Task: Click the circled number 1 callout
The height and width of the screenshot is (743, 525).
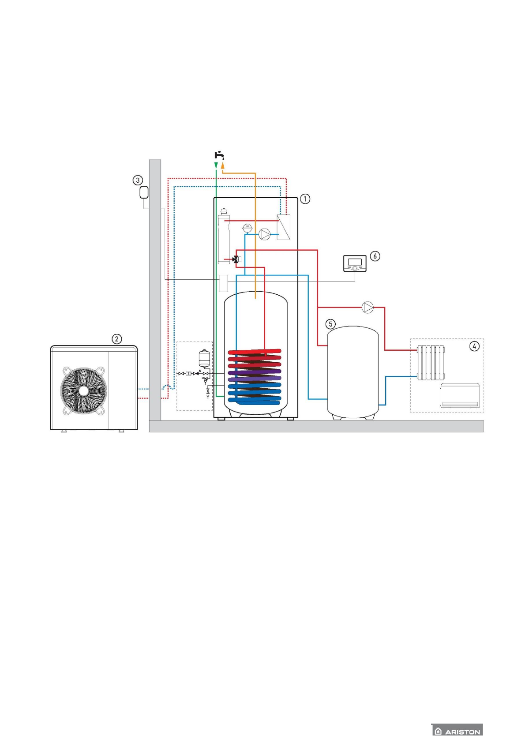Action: click(305, 199)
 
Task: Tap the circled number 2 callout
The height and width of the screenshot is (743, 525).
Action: click(116, 339)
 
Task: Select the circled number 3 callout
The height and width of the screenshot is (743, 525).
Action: click(138, 180)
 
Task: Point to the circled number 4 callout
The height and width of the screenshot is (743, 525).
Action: click(474, 346)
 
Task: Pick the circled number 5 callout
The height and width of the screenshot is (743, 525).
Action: click(330, 324)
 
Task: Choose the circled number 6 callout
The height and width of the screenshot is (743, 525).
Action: click(375, 256)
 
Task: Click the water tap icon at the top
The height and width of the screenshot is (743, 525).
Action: click(219, 155)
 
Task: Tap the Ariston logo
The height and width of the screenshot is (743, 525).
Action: click(457, 731)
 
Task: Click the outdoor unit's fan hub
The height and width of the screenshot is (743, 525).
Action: click(83, 390)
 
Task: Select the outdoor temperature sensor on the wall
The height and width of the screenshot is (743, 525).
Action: click(143, 193)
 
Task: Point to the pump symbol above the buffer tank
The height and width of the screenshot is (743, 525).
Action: click(367, 307)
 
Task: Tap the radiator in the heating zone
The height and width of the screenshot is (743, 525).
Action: click(431, 363)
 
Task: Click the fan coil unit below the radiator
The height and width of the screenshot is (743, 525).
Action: click(460, 395)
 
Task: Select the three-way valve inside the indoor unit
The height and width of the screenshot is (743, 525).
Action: click(236, 259)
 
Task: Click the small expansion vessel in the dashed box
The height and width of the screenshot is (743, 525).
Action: click(204, 358)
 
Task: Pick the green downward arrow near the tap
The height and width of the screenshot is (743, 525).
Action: click(216, 165)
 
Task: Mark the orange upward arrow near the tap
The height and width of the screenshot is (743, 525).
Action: click(223, 165)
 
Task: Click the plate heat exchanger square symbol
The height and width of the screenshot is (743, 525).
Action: click(283, 227)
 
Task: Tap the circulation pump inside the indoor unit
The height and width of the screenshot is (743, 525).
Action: click(264, 234)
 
